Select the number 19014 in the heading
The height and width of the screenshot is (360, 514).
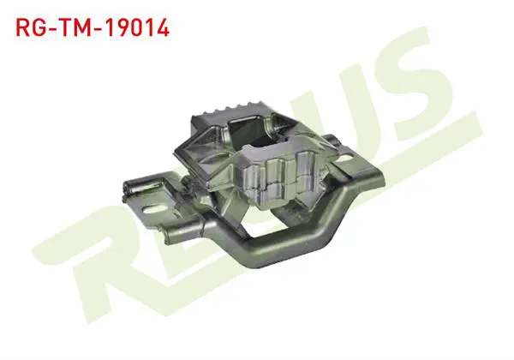pos(137,27)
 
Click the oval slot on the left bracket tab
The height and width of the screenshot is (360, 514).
pos(152,208)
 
